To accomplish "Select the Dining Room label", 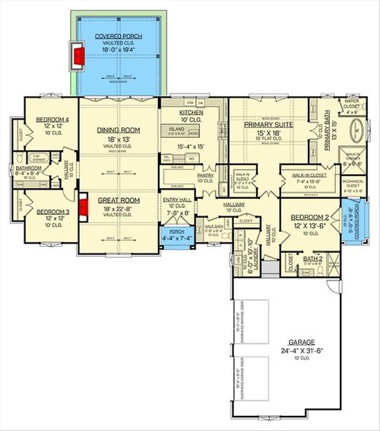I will pyautogui.click(x=116, y=130).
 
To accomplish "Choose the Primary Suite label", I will pyautogui.click(x=265, y=124).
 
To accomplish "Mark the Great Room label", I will pyautogui.click(x=116, y=200).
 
